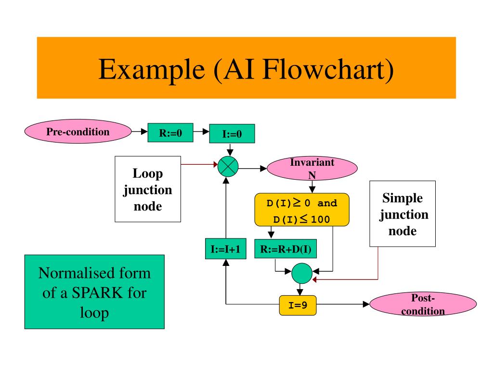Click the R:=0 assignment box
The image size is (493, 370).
170,133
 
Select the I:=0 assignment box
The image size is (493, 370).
232,134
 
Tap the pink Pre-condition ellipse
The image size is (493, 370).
78,132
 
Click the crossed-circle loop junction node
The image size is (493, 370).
228,166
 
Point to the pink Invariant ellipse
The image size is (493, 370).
312,168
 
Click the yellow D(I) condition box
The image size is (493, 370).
302,210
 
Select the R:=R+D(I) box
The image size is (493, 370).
285,249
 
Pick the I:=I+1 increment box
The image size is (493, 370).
226,249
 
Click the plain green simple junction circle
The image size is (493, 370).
302,274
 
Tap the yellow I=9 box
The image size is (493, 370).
298,305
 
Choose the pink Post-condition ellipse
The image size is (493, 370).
423,304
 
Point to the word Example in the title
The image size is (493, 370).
152,70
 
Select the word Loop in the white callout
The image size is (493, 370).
148,173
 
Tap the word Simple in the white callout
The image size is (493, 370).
402,198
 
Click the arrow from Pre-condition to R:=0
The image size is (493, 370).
140,132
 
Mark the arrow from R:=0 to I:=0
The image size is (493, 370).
201,132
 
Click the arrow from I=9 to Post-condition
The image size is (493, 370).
343,304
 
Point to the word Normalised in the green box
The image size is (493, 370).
74,273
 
